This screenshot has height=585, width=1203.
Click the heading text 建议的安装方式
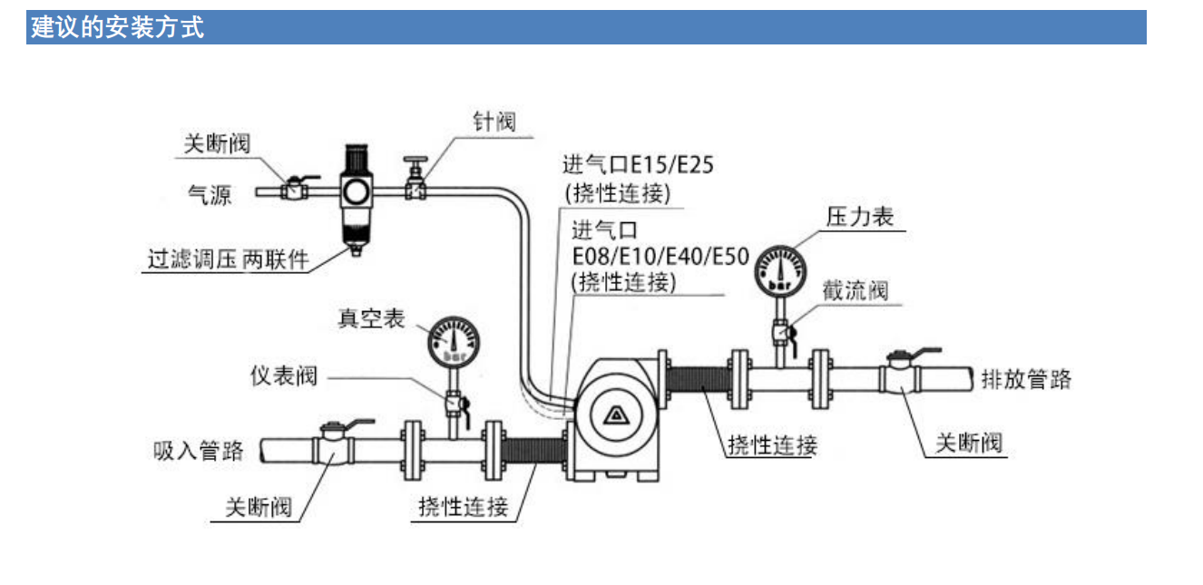click(117, 27)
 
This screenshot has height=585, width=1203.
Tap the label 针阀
click(494, 122)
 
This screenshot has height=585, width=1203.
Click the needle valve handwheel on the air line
click(416, 160)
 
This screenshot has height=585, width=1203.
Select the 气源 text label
click(210, 194)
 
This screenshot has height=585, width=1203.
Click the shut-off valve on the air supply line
click(294, 188)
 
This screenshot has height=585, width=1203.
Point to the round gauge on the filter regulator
click(356, 191)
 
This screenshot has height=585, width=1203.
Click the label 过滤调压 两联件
click(229, 259)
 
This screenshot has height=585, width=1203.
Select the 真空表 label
click(371, 318)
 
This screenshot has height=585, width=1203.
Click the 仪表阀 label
click(284, 375)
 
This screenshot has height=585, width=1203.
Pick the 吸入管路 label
click(198, 451)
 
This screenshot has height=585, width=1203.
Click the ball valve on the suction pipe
click(334, 444)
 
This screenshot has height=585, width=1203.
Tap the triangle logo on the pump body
click(617, 415)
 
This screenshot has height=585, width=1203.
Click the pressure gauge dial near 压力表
click(781, 271)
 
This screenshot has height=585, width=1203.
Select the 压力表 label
click(860, 218)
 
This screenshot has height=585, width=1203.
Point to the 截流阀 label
click(856, 291)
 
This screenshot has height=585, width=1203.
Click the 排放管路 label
click(1026, 379)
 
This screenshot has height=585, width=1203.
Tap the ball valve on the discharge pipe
click(901, 371)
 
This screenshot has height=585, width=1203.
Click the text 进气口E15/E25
click(638, 165)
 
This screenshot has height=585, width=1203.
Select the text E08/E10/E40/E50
click(660, 257)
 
